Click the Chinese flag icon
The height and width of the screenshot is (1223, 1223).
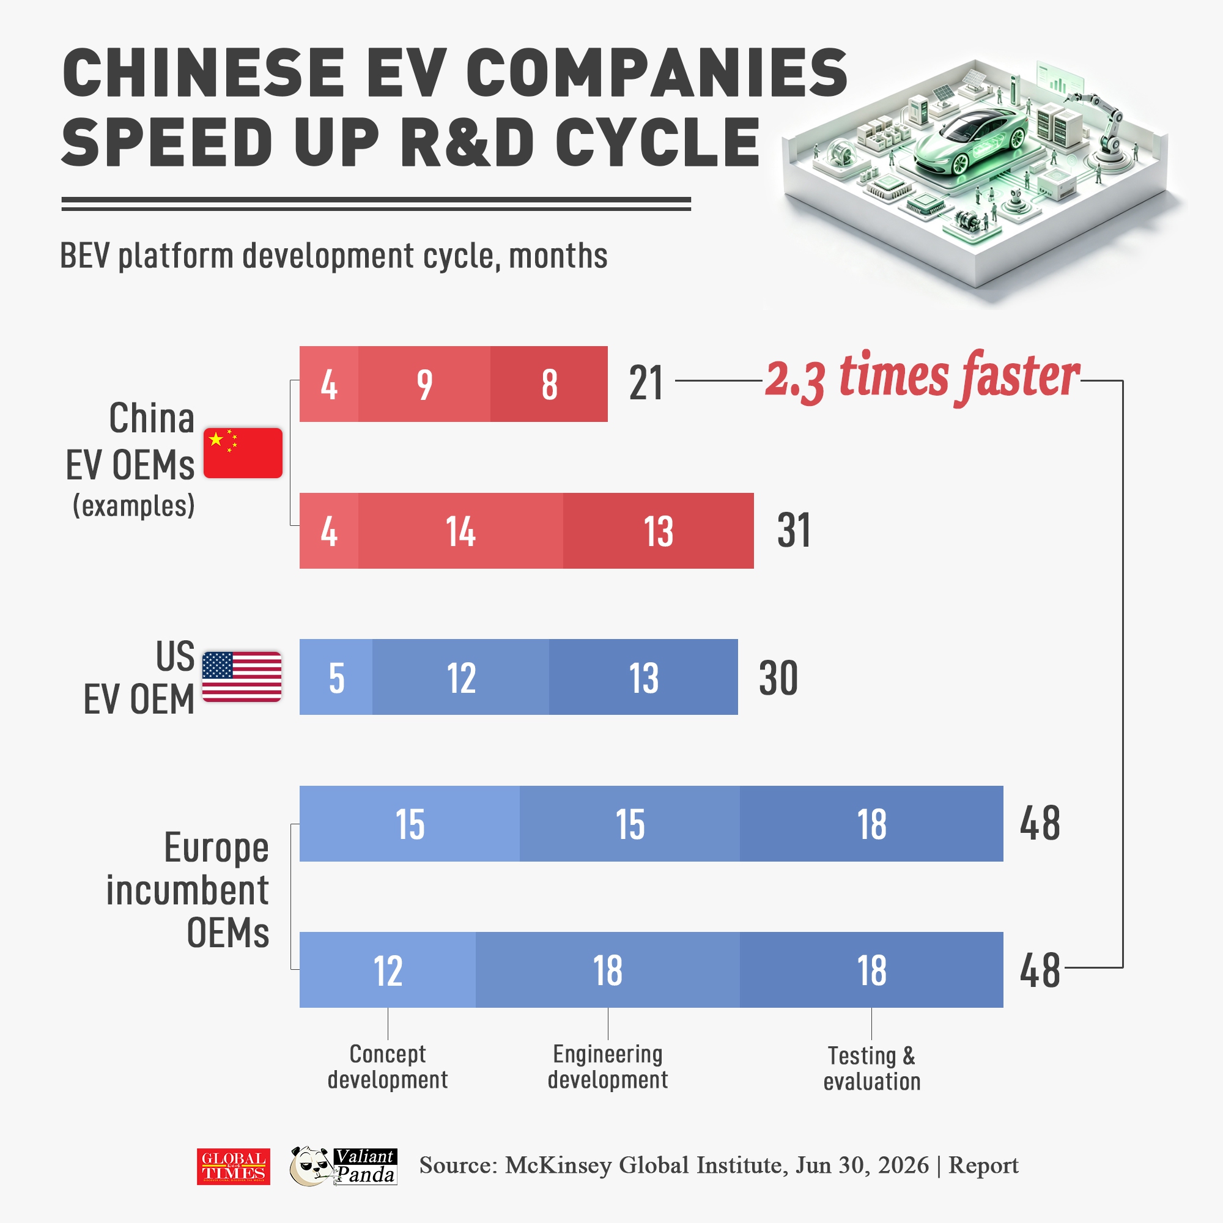click(242, 453)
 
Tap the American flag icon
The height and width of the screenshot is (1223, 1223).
click(242, 677)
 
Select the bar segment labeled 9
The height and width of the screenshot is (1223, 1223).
click(424, 383)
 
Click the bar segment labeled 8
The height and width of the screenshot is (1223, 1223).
click(549, 383)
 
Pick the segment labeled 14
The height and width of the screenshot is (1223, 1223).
click(461, 530)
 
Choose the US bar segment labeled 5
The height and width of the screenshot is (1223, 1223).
click(336, 677)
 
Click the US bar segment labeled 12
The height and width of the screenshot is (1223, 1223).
click(461, 677)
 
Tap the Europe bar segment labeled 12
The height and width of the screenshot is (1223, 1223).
click(388, 970)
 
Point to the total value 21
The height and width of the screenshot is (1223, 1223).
click(646, 383)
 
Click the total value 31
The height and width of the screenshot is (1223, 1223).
click(794, 530)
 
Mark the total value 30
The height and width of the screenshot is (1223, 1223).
click(778, 678)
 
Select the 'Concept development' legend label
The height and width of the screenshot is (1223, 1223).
click(388, 1066)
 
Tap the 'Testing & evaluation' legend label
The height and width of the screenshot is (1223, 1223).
click(871, 1068)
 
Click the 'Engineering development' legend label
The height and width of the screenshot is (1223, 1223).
click(608, 1066)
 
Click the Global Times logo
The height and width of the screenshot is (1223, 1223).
click(234, 1166)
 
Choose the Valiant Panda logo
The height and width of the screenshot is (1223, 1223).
click(344, 1166)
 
